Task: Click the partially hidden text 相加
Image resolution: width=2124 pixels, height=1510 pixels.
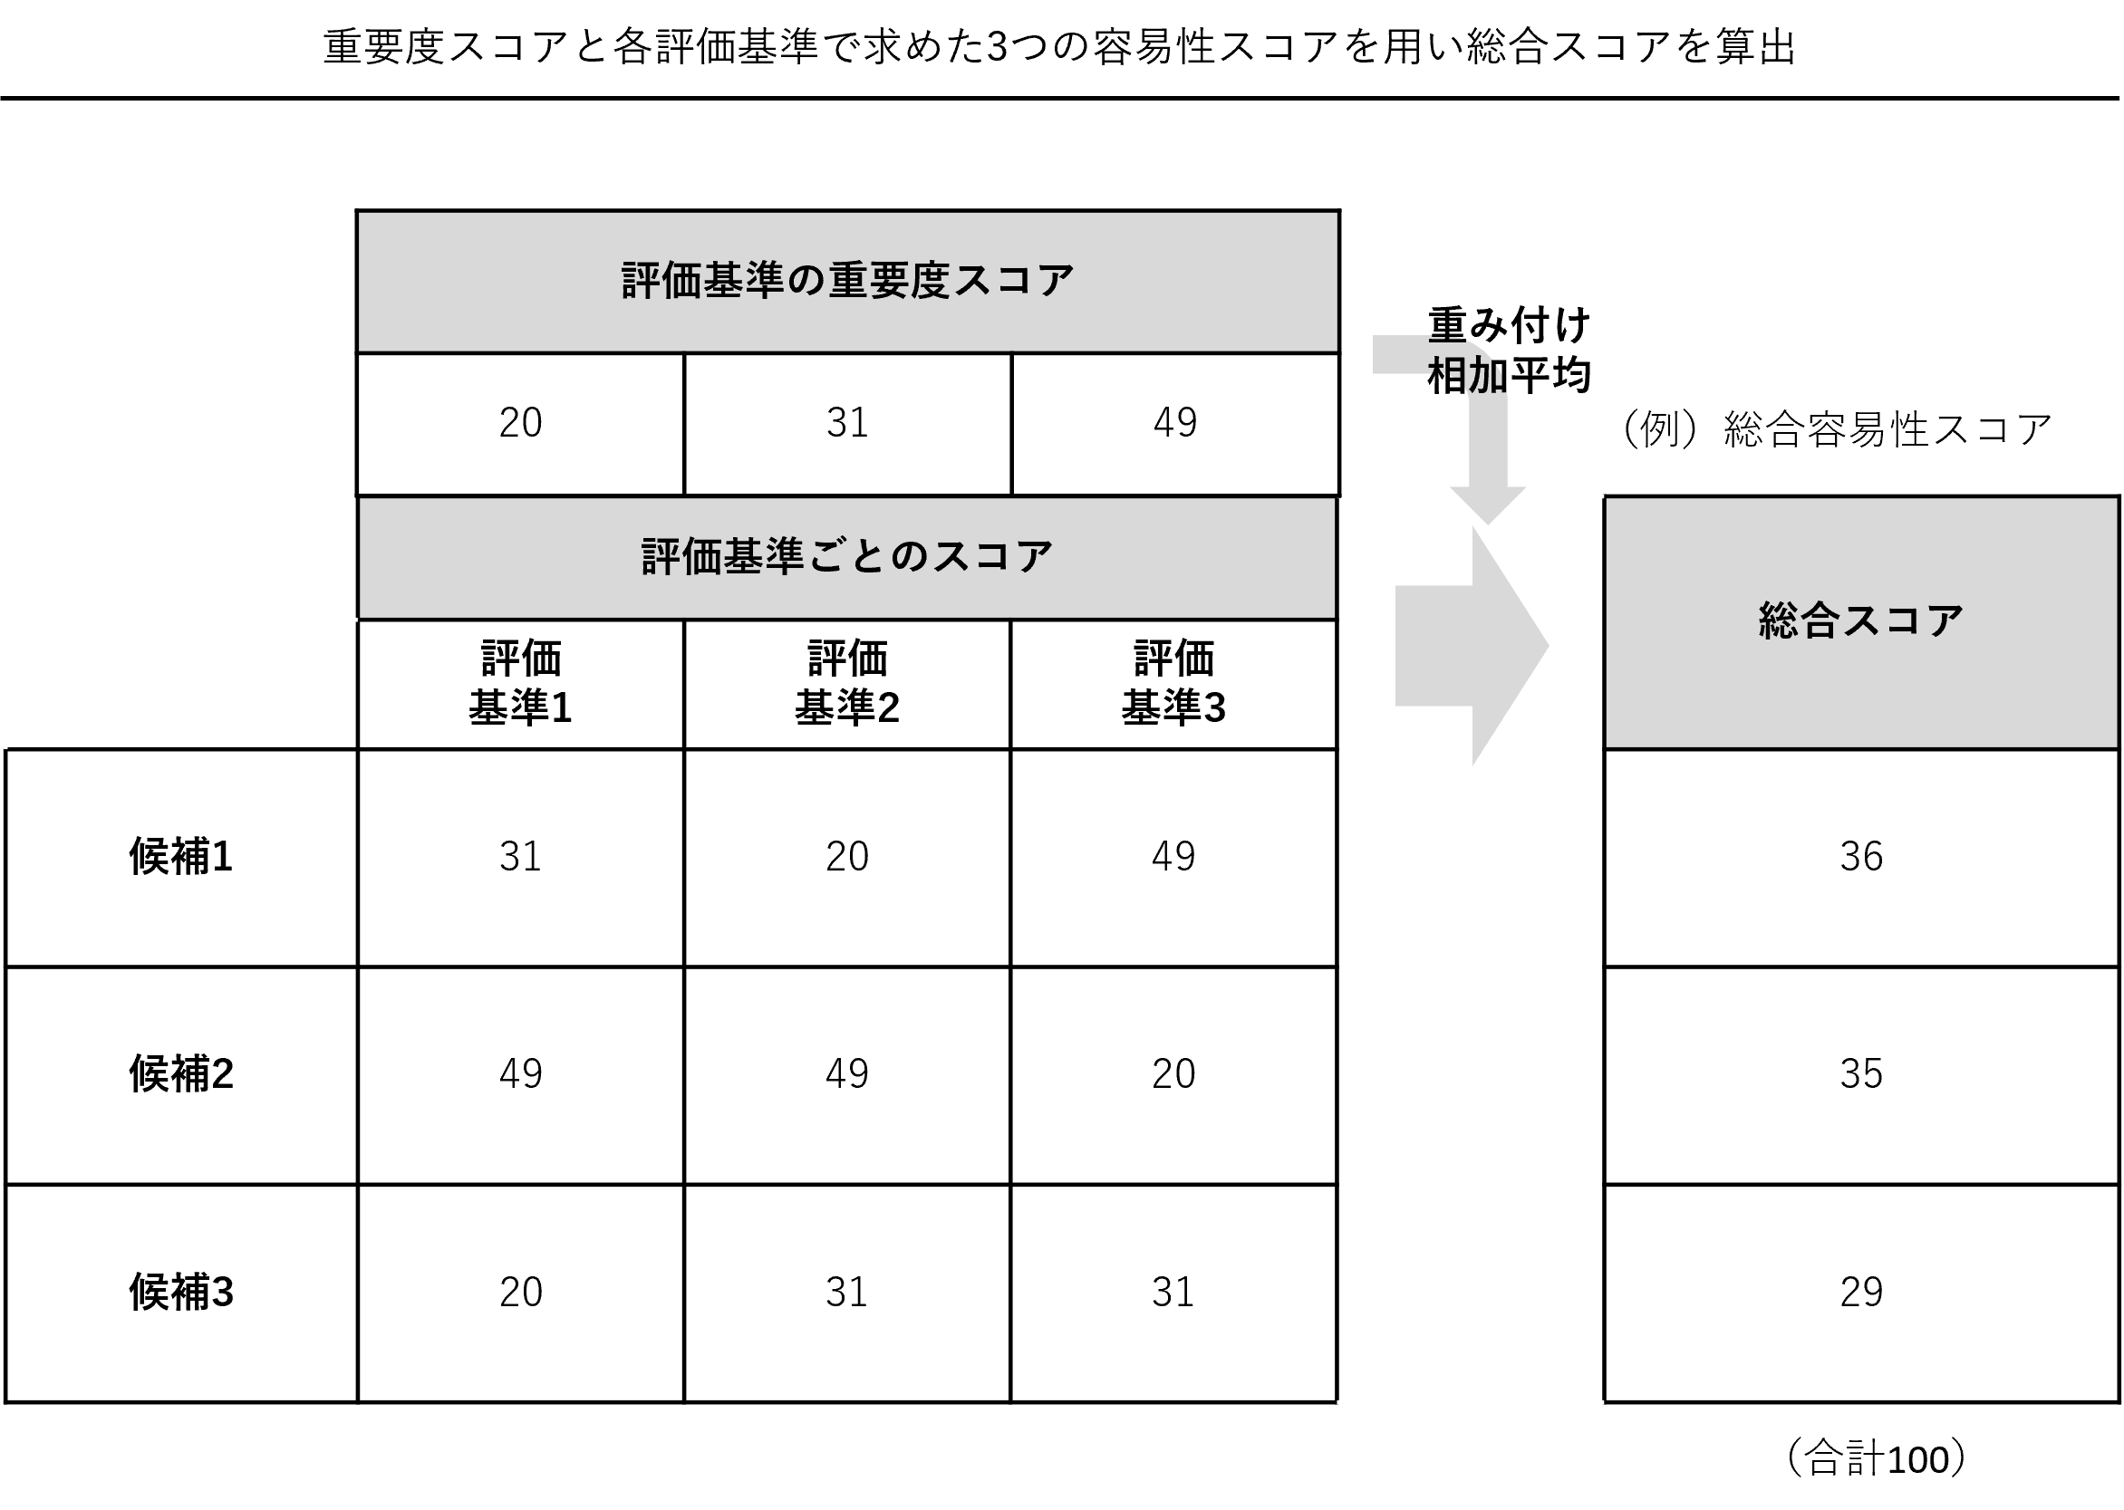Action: click(x=1465, y=376)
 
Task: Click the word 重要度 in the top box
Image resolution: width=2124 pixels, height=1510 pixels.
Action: click(x=888, y=281)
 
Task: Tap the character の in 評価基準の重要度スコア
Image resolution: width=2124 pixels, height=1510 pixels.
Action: click(x=806, y=281)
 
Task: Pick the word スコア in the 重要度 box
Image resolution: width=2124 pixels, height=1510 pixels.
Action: click(x=1013, y=281)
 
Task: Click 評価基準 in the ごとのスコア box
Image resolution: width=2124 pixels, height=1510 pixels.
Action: click(x=722, y=557)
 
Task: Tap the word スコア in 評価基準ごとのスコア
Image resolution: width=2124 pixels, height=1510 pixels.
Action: click(x=991, y=557)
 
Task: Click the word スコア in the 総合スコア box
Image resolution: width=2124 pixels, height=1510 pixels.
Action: click(x=1902, y=620)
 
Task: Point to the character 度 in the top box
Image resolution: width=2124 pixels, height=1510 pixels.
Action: click(x=929, y=281)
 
